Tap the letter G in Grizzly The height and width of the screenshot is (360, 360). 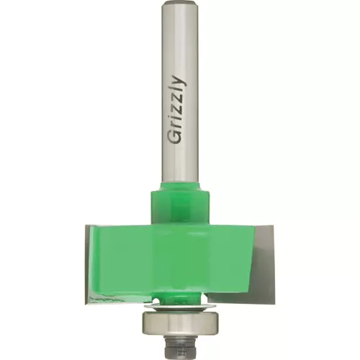pyautogui.click(x=177, y=139)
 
